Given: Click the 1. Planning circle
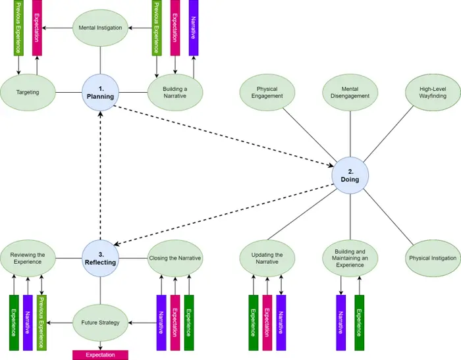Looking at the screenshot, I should (x=100, y=92).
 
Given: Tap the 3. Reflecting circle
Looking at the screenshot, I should (x=100, y=257).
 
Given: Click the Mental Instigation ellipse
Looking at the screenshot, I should (x=100, y=28).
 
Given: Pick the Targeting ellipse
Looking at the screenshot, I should (x=27, y=92).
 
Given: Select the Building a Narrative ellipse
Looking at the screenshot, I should (x=175, y=93).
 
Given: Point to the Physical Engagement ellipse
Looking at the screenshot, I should (x=267, y=93).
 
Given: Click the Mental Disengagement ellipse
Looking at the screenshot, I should (x=350, y=93).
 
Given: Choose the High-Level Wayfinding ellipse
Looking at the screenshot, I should (x=432, y=93).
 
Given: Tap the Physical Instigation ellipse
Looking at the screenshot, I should (x=432, y=258).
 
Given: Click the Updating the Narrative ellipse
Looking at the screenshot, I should (x=267, y=258).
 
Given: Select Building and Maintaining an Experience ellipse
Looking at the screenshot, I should (x=350, y=258).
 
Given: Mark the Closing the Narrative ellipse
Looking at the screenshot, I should (x=175, y=258).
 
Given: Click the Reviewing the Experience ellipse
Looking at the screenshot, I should (x=27, y=257).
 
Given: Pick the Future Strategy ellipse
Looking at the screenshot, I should (x=100, y=322).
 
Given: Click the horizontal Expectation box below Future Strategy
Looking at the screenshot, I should (x=100, y=355).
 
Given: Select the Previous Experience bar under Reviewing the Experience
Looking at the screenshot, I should (x=42, y=322).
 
